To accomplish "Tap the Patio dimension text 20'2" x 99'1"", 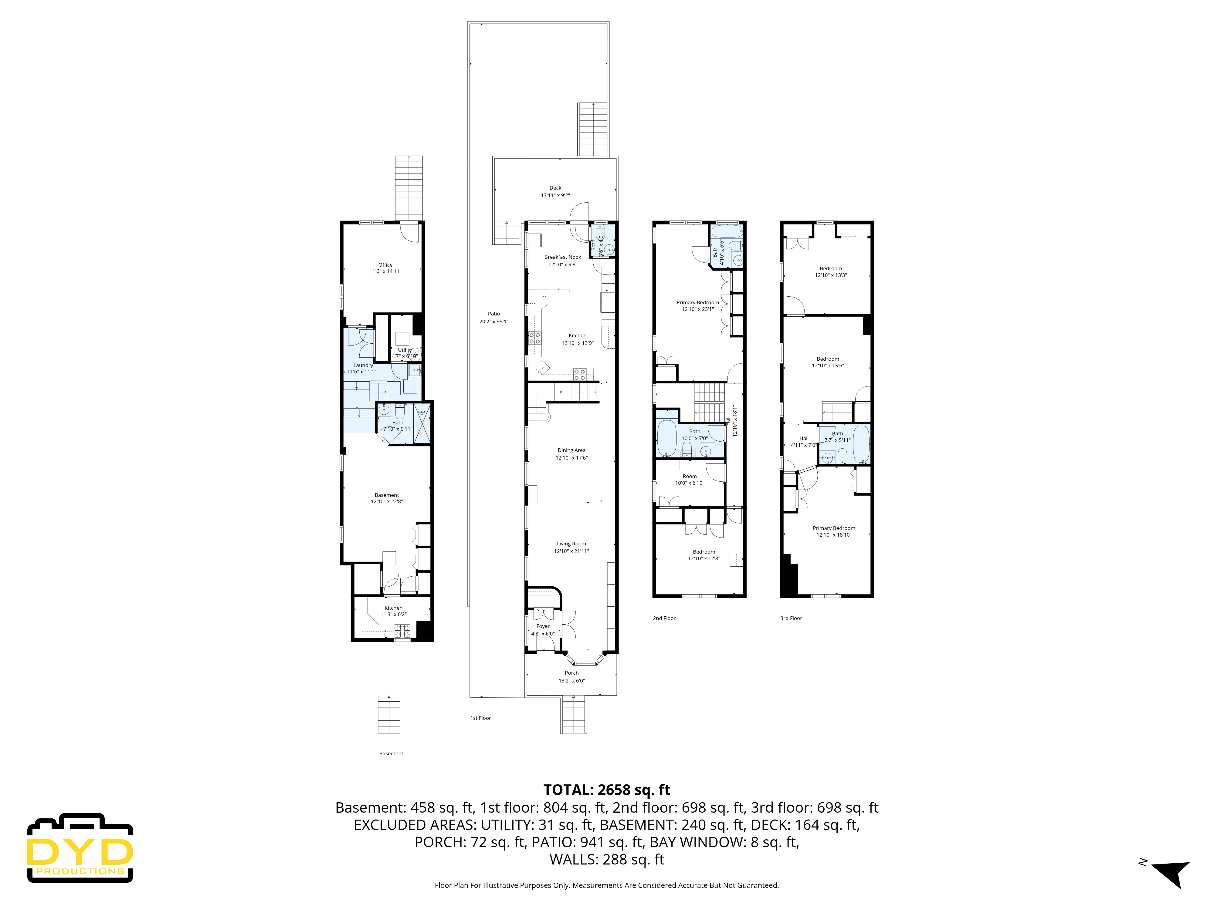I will [x=493, y=322].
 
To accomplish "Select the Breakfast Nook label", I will [x=563, y=257].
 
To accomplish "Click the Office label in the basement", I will [x=385, y=265].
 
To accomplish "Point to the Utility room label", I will [x=405, y=350].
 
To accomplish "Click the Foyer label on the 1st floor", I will [x=543, y=626].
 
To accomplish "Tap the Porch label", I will [x=571, y=672].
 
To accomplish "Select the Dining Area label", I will [x=571, y=450].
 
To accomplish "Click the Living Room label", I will [x=571, y=544].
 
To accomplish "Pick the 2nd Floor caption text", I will [x=664, y=618].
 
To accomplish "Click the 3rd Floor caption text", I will [x=791, y=618].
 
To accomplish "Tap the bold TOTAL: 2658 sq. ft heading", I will [x=606, y=790].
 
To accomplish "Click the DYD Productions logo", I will [x=80, y=848].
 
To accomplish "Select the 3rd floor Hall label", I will [x=803, y=438].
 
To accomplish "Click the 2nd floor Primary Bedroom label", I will [x=697, y=302].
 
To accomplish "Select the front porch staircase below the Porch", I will [x=574, y=714].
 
